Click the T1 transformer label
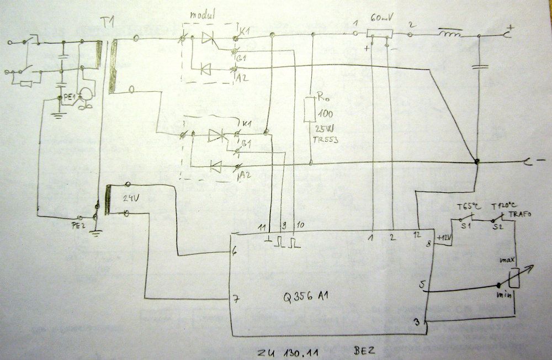coord(108,24)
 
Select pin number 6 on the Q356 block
coord(235,251)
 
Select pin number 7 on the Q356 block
coord(236,298)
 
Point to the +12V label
coord(444,238)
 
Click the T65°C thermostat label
coord(469,207)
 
